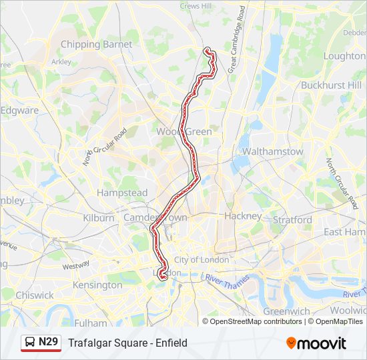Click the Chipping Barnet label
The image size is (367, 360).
[x=96, y=44]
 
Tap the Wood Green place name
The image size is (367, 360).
[x=184, y=132]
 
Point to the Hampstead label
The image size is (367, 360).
[x=122, y=193]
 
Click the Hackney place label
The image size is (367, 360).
[x=243, y=216]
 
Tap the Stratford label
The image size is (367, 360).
[x=292, y=219]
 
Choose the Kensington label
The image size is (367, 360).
[x=98, y=285]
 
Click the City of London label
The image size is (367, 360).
[x=201, y=259]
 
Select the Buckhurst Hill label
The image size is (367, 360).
[x=331, y=85]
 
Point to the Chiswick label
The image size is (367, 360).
[x=35, y=295]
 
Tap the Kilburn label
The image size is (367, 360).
[x=99, y=218]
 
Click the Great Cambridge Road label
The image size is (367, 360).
[x=236, y=40]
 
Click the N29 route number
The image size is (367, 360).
[x=49, y=343]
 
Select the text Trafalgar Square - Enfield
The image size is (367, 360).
[x=127, y=343]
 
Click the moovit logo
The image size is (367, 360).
[x=316, y=343]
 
